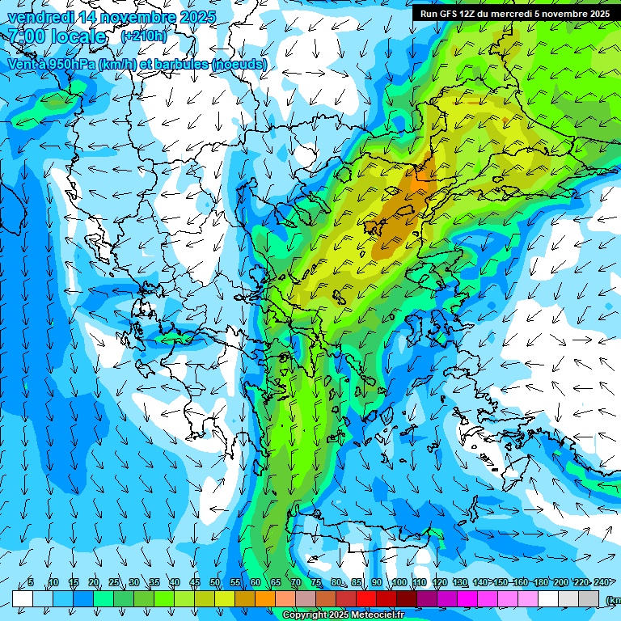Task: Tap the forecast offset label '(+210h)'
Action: tap(144, 36)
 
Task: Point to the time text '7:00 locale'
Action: tap(57, 36)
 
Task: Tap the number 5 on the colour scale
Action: tap(31, 582)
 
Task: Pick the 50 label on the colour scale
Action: tap(215, 582)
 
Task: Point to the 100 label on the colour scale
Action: tap(399, 582)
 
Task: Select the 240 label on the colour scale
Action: tap(601, 582)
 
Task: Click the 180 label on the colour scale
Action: tap(539, 582)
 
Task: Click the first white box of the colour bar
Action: tap(23, 598)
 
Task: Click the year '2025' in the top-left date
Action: tap(198, 17)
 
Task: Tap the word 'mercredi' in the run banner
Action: tap(511, 14)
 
